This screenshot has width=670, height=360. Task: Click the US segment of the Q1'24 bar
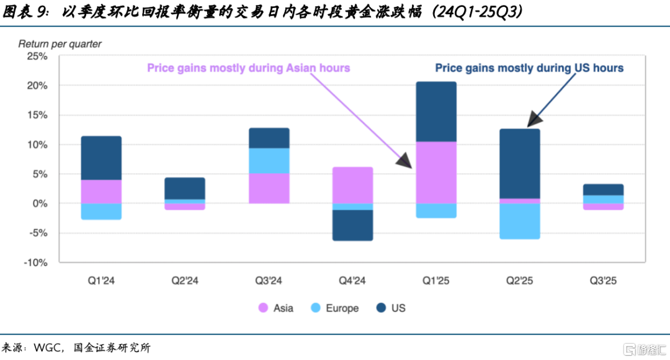pyautogui.click(x=101, y=158)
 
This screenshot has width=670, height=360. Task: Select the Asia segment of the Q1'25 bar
pyautogui.click(x=436, y=173)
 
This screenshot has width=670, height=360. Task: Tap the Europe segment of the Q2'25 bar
pyautogui.click(x=520, y=221)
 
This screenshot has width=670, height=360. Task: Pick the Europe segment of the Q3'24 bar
pyautogui.click(x=269, y=161)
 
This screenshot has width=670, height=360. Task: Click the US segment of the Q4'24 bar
pyautogui.click(x=352, y=225)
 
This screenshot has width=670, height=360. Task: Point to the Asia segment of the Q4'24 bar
pyautogui.click(x=352, y=185)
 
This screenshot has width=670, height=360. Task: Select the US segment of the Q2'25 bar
pyautogui.click(x=520, y=163)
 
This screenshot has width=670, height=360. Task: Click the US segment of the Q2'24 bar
pyautogui.click(x=185, y=189)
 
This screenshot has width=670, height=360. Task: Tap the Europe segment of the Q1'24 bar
pyautogui.click(x=101, y=211)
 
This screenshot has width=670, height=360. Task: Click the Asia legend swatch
pyautogui.click(x=263, y=308)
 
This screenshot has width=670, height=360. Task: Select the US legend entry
pyautogui.click(x=390, y=308)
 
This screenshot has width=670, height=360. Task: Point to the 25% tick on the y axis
pyautogui.click(x=38, y=56)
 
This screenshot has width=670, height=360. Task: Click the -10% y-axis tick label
pyautogui.click(x=35, y=263)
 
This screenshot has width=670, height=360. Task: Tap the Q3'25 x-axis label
pyautogui.click(x=603, y=281)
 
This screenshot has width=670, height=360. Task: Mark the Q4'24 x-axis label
pyautogui.click(x=352, y=281)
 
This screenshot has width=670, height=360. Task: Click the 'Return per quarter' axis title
pyautogui.click(x=60, y=44)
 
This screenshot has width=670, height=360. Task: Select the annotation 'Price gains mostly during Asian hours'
pyautogui.click(x=248, y=68)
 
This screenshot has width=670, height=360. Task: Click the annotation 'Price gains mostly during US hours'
pyautogui.click(x=529, y=68)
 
